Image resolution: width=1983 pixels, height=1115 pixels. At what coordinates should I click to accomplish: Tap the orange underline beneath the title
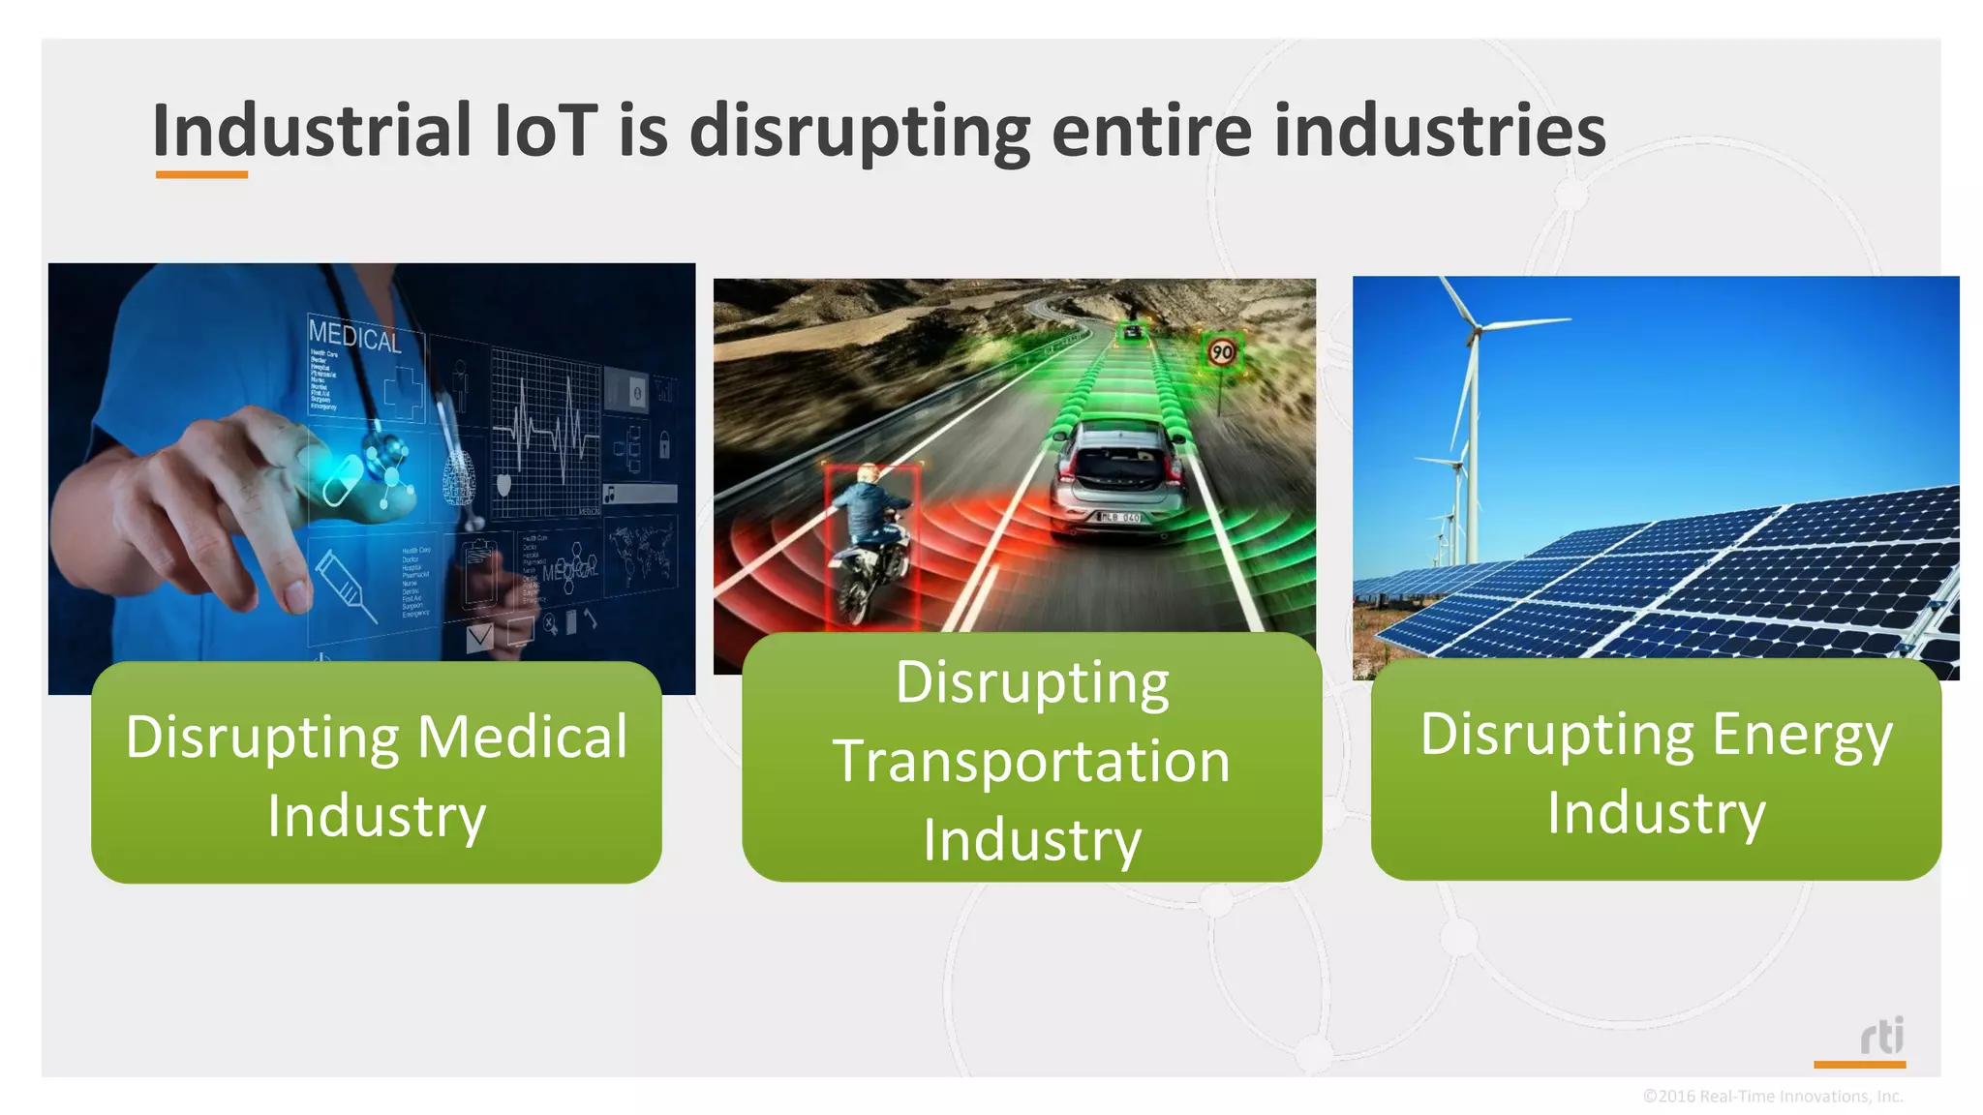[x=201, y=175]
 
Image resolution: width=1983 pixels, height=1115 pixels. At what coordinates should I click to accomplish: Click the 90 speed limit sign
[x=1222, y=351]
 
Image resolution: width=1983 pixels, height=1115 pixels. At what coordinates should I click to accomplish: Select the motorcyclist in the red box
[x=870, y=542]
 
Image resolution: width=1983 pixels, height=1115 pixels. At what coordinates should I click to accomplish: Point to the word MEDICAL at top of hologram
[x=354, y=336]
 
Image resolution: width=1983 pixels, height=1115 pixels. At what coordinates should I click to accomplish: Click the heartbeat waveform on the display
[x=547, y=432]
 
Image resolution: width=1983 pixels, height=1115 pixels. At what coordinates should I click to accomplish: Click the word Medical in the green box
[x=523, y=738]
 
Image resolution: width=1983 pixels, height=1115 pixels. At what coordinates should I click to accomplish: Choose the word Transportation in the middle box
[x=1031, y=762]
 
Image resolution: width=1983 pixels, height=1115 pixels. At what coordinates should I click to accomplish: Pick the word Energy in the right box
[x=1802, y=735]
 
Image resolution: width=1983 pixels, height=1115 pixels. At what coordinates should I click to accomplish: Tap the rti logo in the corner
[x=1881, y=1037]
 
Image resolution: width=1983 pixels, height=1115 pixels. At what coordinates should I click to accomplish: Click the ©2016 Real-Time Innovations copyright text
[x=1772, y=1097]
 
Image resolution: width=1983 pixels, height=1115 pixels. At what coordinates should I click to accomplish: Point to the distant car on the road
[x=1132, y=333]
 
